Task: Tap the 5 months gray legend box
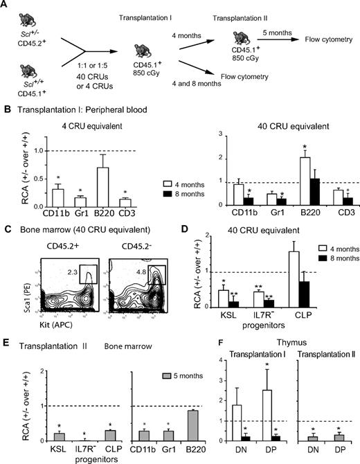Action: (x=161, y=375)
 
